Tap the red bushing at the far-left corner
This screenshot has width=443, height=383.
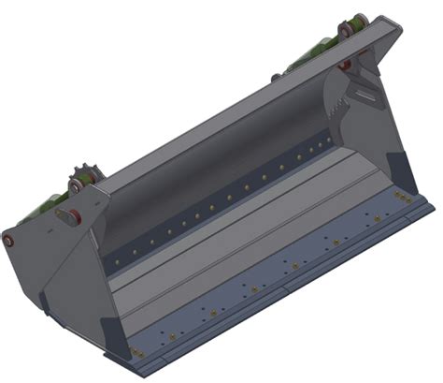12,240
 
